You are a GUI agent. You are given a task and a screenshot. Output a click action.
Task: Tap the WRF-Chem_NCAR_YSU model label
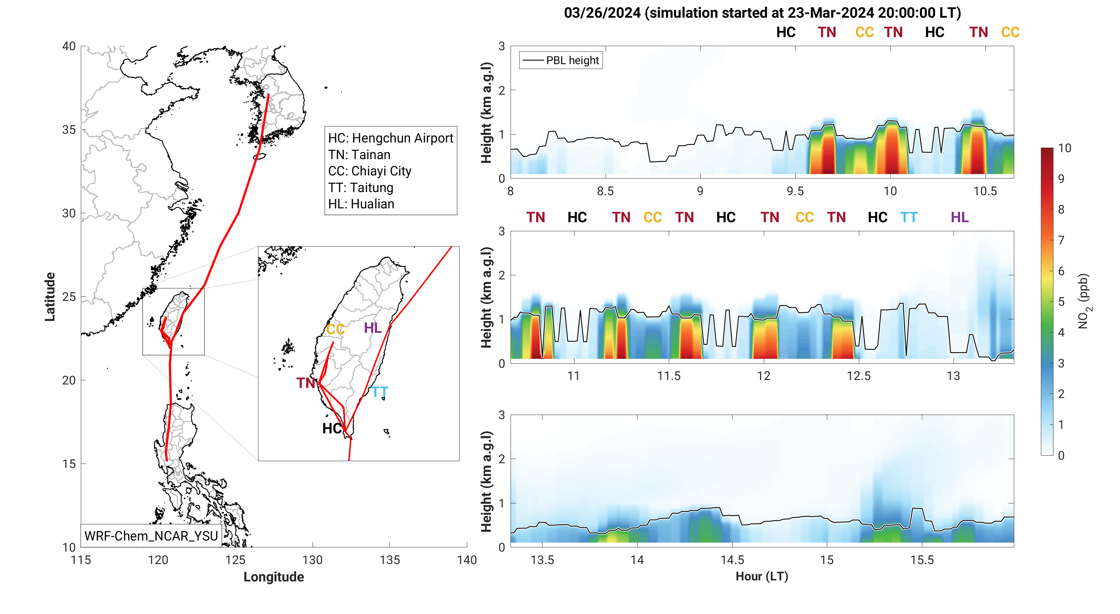tap(151, 536)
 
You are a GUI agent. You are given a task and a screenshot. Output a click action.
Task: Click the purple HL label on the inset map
tap(373, 328)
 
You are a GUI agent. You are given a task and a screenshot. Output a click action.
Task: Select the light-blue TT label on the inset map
tap(379, 392)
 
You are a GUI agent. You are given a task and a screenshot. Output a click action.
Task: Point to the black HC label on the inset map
tap(332, 429)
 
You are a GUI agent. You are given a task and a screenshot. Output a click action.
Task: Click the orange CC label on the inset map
tap(335, 329)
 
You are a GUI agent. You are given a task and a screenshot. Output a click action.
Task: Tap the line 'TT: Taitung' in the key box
tap(360, 188)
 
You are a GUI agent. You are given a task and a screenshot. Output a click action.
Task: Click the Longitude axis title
tap(273, 577)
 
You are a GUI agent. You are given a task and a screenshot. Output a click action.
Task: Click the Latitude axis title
tap(50, 297)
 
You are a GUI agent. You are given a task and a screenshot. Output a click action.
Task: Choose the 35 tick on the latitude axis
tap(69, 130)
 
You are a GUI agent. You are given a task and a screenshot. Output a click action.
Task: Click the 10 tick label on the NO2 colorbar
tap(1065, 148)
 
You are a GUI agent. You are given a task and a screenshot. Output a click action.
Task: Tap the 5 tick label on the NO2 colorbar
tap(1061, 302)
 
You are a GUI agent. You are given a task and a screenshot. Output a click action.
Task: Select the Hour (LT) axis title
tap(762, 576)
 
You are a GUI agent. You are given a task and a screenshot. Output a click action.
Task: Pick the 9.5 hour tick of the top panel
tap(795, 191)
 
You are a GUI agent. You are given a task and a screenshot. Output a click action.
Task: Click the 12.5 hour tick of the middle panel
tap(859, 376)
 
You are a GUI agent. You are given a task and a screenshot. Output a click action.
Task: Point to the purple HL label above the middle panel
tap(959, 217)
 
